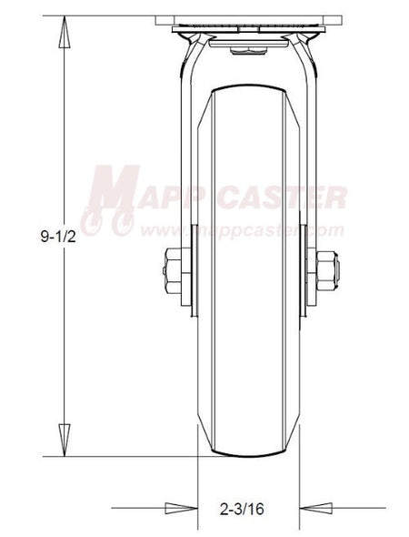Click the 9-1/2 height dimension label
click(x=58, y=237)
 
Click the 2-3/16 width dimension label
click(x=242, y=509)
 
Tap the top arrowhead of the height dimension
click(x=65, y=32)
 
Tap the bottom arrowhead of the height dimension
click(x=65, y=440)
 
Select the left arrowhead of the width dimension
click(x=181, y=508)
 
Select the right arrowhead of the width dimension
click(x=315, y=508)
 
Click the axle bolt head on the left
click(x=173, y=270)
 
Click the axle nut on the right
click(x=326, y=270)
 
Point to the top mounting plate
click(x=249, y=20)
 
